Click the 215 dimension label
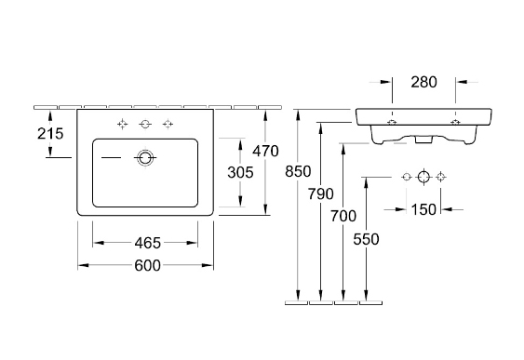pos(50,134)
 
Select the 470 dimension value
pos(265,151)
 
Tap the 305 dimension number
pos(240,172)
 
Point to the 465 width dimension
pos(148,243)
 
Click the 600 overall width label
pos(147,265)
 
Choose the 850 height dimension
pos(298,171)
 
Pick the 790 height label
pos(321,193)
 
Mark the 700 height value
pos(343,216)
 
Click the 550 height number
pos(366,239)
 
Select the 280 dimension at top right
pos(423,82)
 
